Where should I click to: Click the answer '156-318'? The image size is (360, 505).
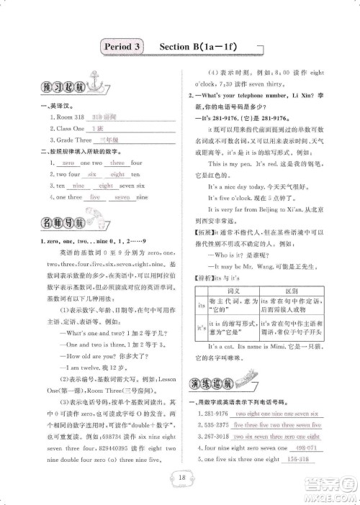point(297,460)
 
